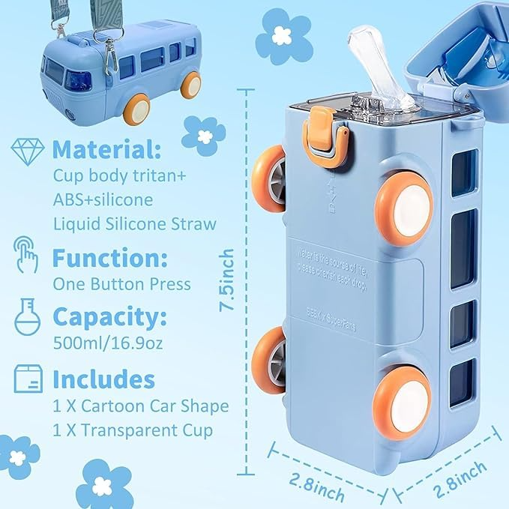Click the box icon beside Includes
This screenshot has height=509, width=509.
click(28, 378)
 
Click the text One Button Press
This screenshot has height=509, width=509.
click(121, 285)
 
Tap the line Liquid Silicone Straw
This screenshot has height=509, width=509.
click(135, 223)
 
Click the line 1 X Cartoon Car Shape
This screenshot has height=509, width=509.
click(141, 406)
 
